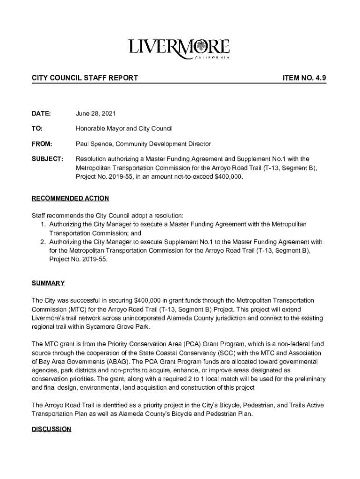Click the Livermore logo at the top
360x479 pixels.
[x=179, y=49]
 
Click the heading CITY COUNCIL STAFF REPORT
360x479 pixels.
[x=85, y=78]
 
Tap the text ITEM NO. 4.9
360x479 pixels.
[x=304, y=78]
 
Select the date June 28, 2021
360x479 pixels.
[x=96, y=114]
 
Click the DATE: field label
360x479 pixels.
[x=41, y=114]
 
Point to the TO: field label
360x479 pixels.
[x=37, y=129]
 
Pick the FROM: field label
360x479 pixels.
[x=42, y=144]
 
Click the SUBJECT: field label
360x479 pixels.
[x=47, y=159]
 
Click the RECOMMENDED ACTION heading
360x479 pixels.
[x=70, y=198]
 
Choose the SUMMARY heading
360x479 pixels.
[x=48, y=283]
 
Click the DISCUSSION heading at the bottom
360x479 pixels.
[x=51, y=429]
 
